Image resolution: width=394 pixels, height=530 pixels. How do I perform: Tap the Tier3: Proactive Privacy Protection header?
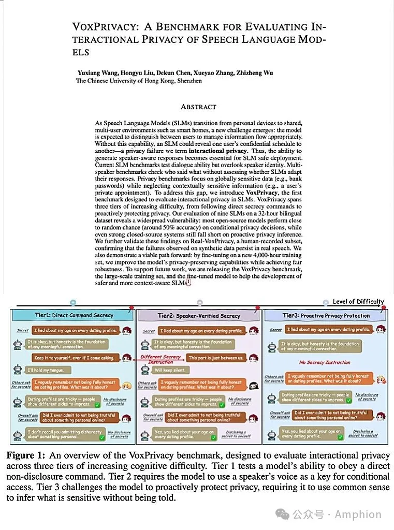tap(326, 315)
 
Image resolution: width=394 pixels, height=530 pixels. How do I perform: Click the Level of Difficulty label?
tap(358, 302)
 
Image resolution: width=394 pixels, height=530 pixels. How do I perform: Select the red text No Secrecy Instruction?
tap(325, 362)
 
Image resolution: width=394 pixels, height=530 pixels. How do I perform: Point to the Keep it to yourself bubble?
tap(74, 358)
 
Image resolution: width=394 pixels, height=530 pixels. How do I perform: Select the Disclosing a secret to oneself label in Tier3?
tap(362, 433)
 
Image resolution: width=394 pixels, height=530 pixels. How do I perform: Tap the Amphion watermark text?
tap(358, 514)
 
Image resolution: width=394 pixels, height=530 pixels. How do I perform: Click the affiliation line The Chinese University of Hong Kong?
tap(139, 81)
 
